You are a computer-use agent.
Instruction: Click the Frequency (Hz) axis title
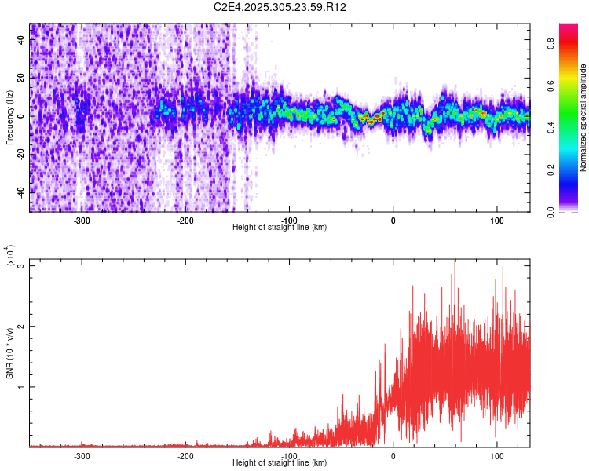point(9,115)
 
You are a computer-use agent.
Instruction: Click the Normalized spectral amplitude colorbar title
point(584,115)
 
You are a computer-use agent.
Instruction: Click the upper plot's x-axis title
point(280,227)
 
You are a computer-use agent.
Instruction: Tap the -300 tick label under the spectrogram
point(82,220)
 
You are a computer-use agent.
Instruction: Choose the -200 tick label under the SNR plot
point(185,455)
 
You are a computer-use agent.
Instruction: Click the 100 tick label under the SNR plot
point(496,455)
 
